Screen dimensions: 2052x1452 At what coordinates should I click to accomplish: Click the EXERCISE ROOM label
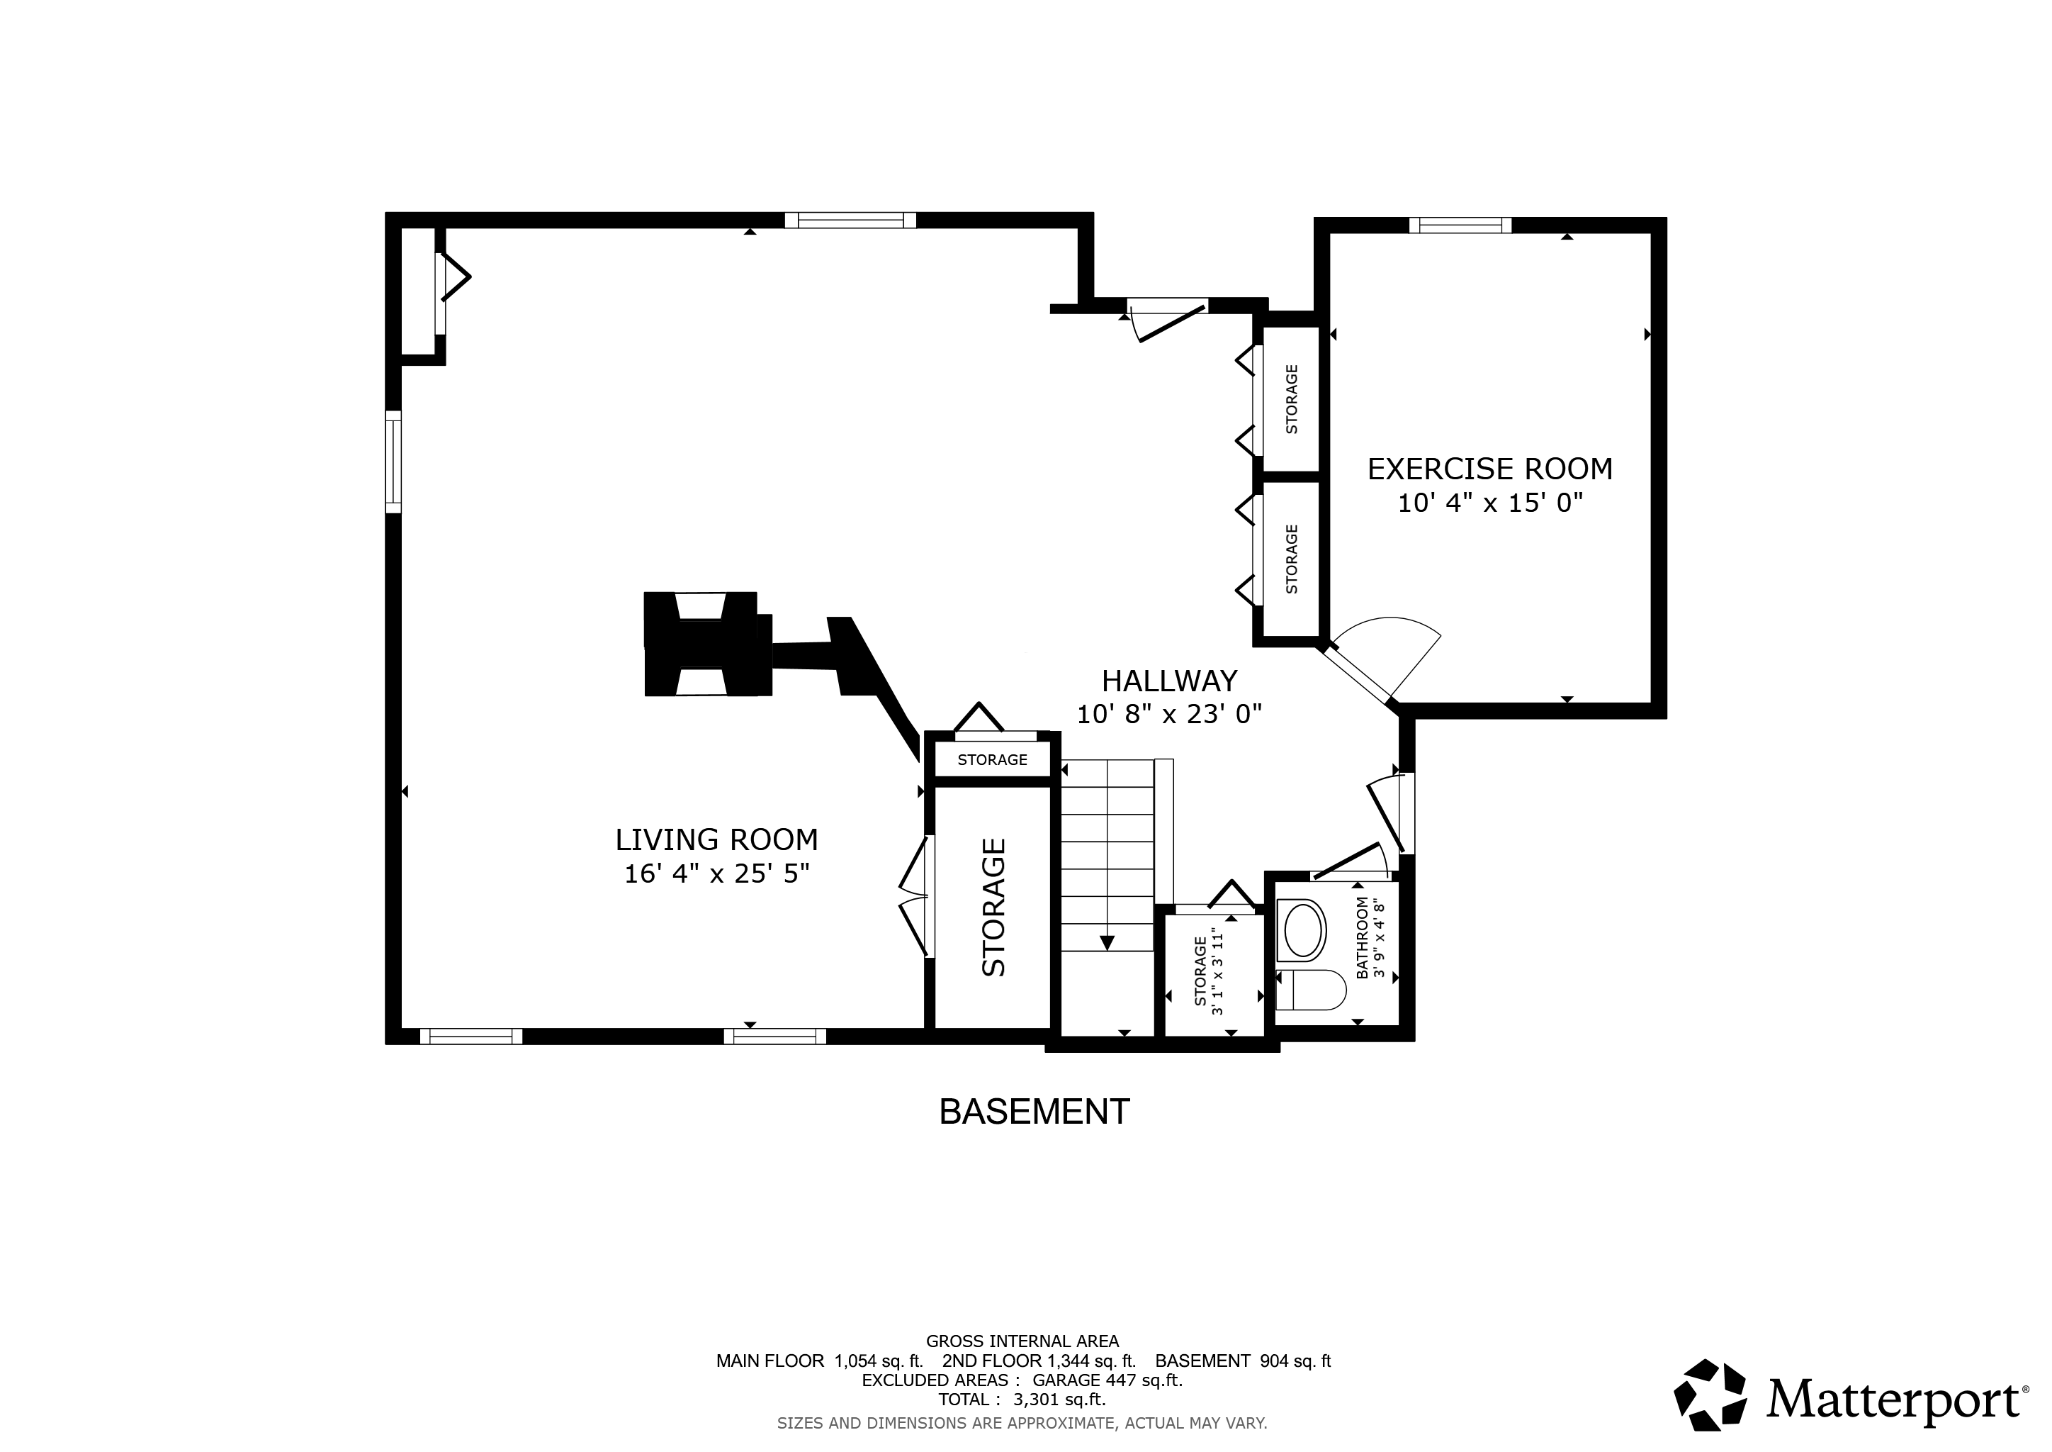1490,469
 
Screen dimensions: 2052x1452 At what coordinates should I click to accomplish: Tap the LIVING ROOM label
717,839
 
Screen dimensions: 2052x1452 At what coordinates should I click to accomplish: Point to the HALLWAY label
1169,681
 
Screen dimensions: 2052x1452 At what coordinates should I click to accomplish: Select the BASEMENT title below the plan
1034,1112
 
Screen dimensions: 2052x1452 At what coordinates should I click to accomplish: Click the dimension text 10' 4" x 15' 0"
1490,503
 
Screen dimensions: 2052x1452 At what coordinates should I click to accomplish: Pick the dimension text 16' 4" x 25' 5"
717,873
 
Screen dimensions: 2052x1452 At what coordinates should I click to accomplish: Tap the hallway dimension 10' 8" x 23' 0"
1169,713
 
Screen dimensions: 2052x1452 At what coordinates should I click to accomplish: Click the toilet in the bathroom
1310,990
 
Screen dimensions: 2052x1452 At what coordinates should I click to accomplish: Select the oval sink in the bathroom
1305,931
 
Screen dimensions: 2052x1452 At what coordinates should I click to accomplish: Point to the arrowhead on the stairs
1107,942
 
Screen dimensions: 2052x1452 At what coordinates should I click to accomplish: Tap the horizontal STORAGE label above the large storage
992,760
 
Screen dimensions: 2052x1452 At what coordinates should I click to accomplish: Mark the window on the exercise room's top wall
1460,225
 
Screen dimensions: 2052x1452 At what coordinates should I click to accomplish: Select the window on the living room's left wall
393,462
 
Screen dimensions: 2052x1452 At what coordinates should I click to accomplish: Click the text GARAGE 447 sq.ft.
1107,1380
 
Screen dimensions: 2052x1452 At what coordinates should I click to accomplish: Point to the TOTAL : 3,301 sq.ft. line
1022,1400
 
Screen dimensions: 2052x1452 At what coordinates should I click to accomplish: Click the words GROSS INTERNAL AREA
1022,1341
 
